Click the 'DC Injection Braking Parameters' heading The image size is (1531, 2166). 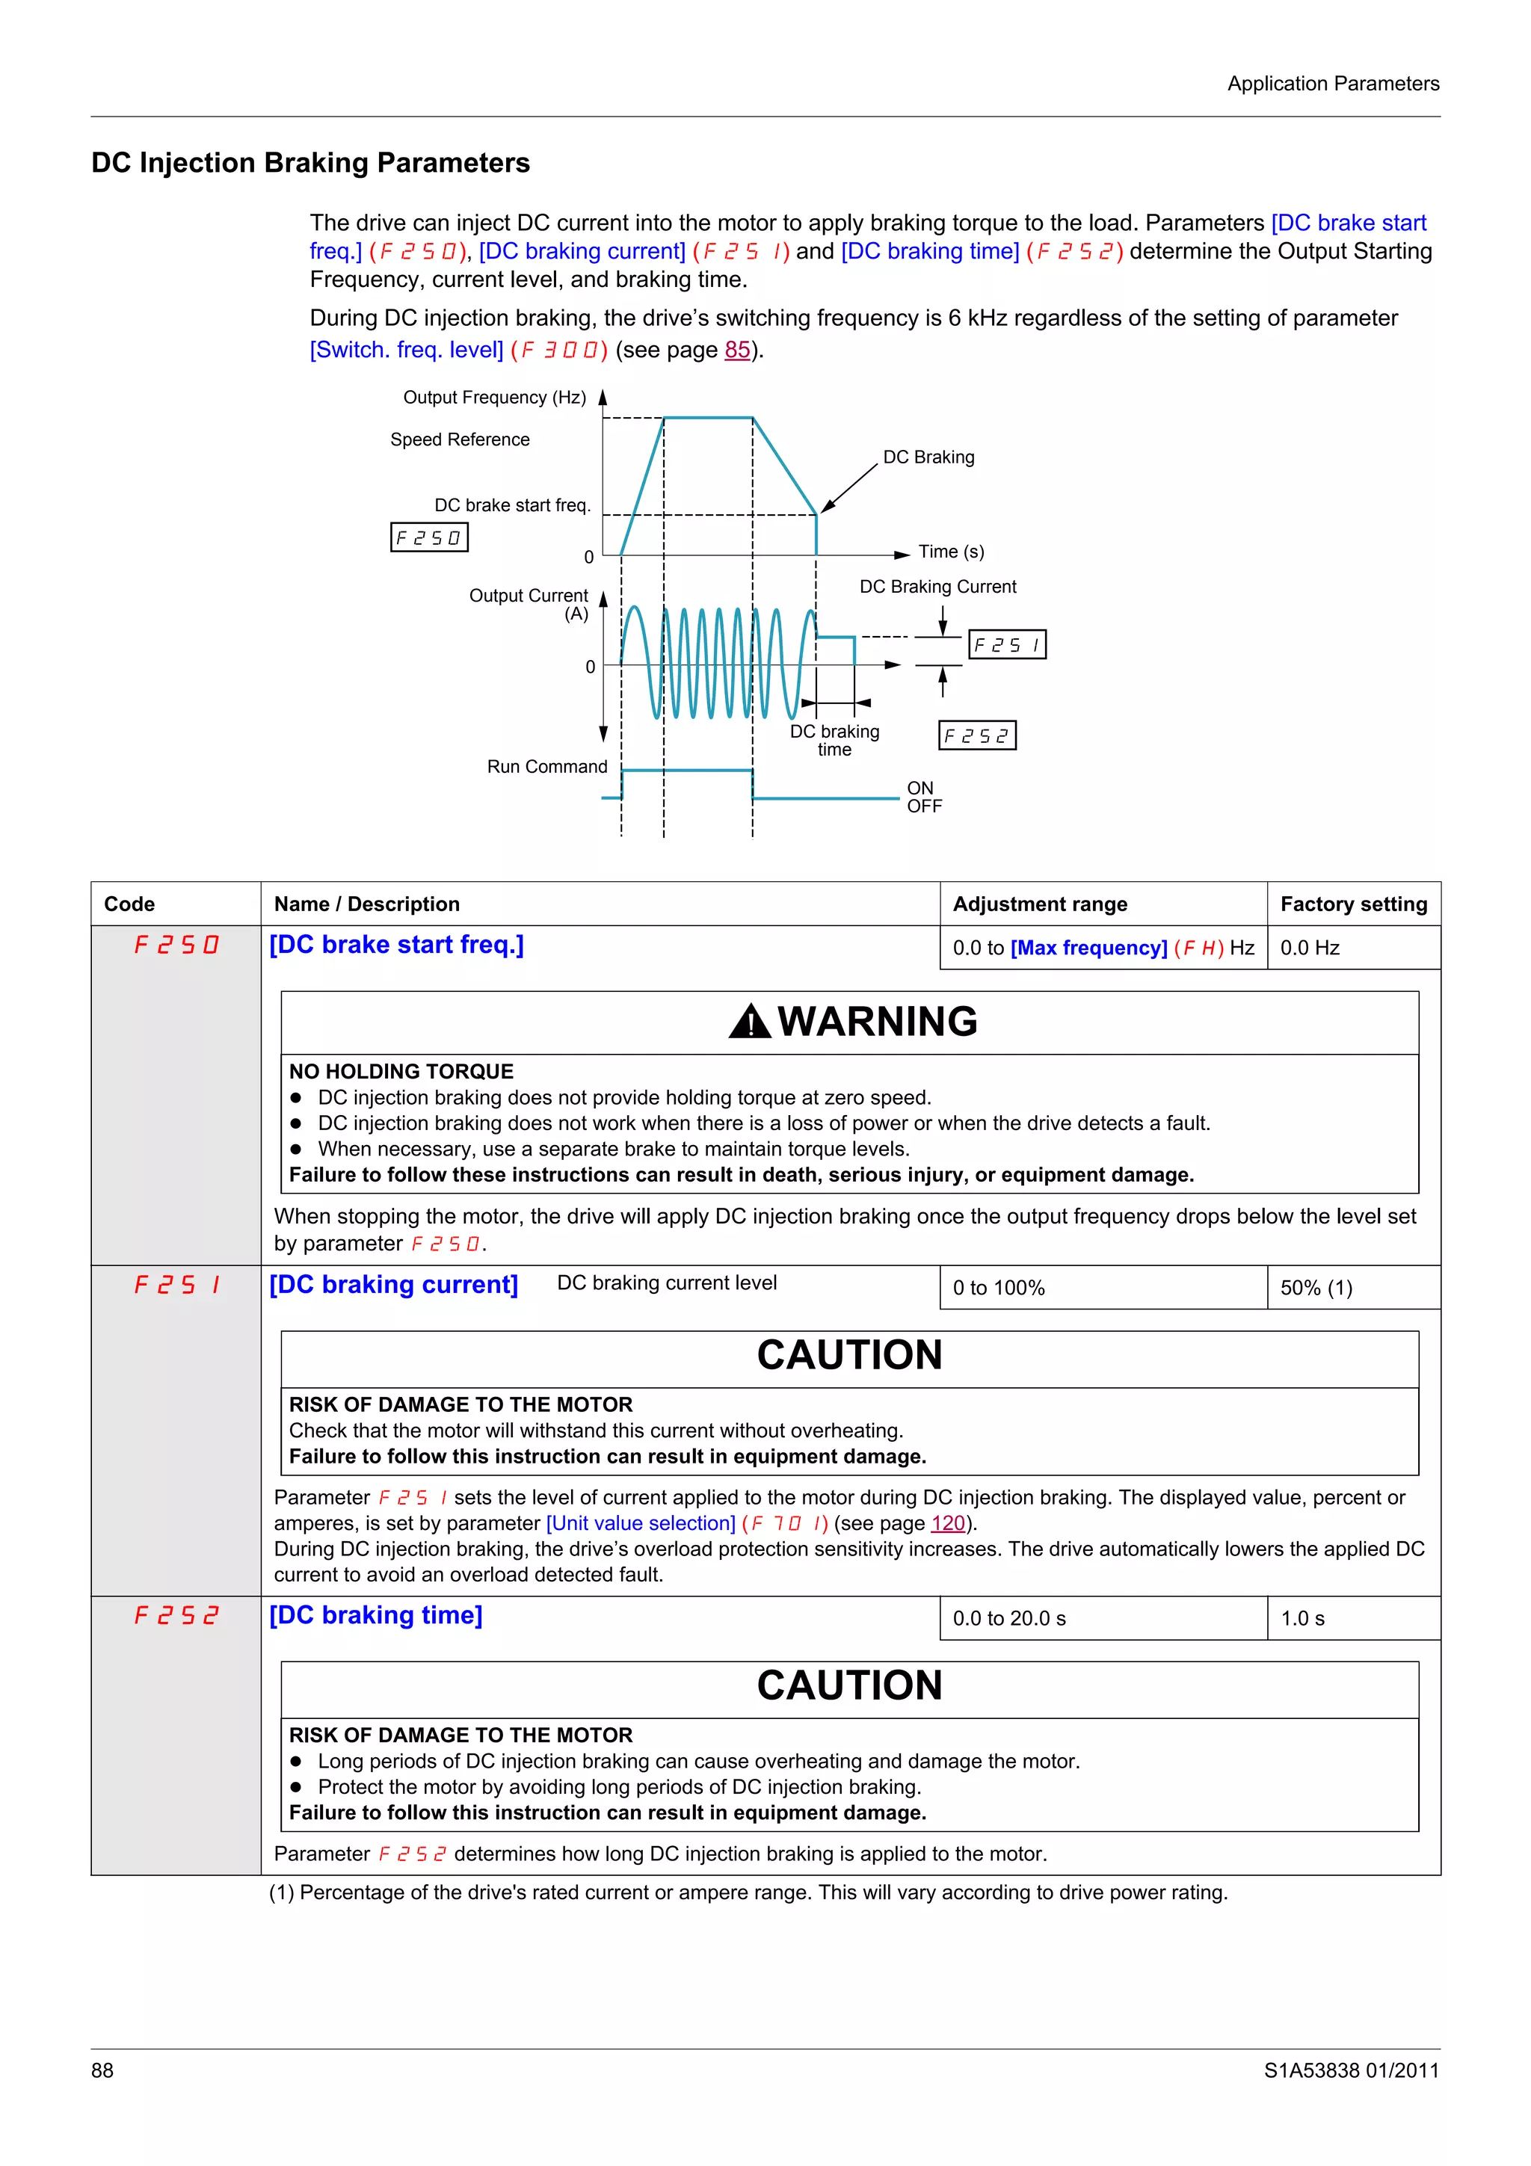310,163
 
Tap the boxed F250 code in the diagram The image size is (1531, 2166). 429,537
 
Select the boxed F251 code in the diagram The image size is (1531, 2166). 1008,645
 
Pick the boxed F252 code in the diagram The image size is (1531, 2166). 977,736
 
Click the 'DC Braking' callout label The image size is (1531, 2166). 928,457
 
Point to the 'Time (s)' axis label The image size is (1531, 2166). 951,552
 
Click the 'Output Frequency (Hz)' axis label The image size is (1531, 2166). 494,397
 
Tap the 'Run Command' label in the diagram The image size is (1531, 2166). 547,767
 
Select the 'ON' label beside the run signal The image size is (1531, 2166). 919,788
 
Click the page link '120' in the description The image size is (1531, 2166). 947,1523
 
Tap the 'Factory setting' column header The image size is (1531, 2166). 1353,904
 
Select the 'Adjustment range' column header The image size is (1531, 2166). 1040,904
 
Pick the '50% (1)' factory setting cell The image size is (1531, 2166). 1316,1289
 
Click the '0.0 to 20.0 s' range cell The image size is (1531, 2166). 1008,1619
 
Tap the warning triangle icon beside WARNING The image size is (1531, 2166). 750,1022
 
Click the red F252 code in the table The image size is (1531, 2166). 176,1616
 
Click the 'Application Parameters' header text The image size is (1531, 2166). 1332,84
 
